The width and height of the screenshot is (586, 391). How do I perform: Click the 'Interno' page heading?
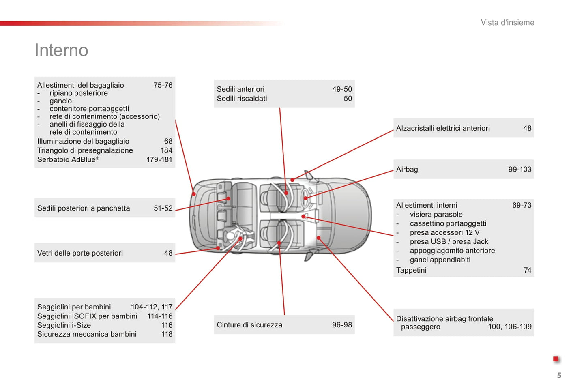pyautogui.click(x=61, y=50)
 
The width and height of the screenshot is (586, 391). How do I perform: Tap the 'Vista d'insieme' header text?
pyautogui.click(x=507, y=23)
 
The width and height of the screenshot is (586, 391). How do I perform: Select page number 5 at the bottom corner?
pyautogui.click(x=559, y=375)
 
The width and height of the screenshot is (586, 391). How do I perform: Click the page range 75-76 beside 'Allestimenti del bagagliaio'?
pyautogui.click(x=163, y=85)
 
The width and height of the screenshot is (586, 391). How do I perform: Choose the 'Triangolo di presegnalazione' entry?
pyautogui.click(x=85, y=150)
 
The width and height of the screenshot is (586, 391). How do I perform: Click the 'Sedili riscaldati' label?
pyautogui.click(x=242, y=99)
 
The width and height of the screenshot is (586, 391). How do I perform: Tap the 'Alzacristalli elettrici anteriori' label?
pyautogui.click(x=443, y=128)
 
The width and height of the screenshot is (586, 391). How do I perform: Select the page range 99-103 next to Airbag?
pyautogui.click(x=519, y=170)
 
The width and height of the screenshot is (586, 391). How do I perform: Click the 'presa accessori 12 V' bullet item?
pyautogui.click(x=444, y=233)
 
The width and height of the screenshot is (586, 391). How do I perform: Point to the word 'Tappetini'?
pyautogui.click(x=411, y=270)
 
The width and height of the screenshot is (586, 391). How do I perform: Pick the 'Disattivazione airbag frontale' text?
pyautogui.click(x=444, y=319)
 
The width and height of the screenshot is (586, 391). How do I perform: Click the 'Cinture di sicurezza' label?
pyautogui.click(x=249, y=325)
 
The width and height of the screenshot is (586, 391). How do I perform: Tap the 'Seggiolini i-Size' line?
pyautogui.click(x=64, y=325)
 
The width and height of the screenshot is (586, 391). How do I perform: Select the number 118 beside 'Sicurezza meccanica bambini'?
pyautogui.click(x=167, y=334)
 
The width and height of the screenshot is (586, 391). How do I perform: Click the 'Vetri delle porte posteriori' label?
pyautogui.click(x=80, y=253)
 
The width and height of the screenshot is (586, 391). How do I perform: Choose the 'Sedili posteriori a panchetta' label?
pyautogui.click(x=84, y=208)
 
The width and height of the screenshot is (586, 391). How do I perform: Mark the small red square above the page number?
pyautogui.click(x=556, y=359)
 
